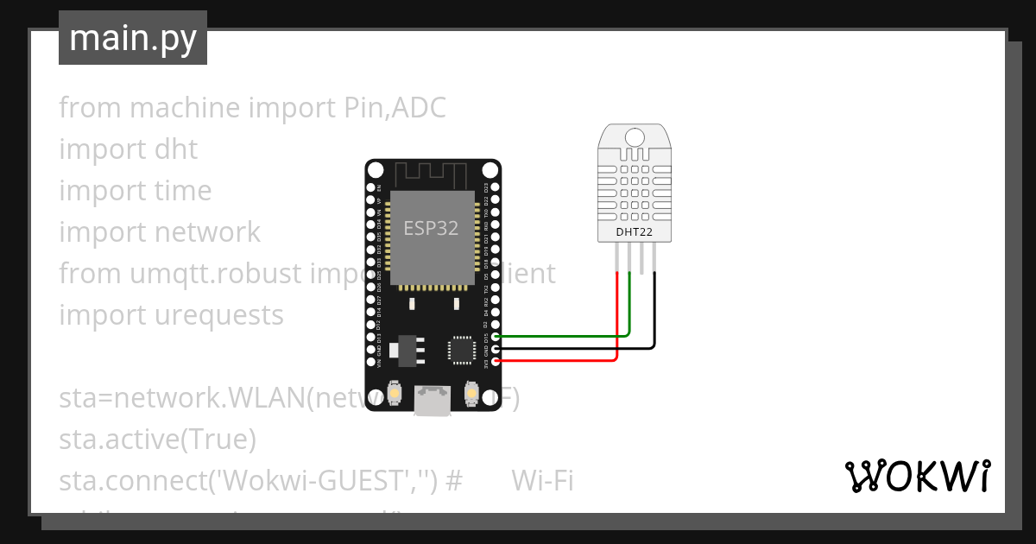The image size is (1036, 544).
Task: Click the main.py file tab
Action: [x=132, y=38]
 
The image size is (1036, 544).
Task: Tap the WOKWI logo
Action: [x=916, y=476]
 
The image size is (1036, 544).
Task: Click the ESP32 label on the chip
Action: [x=431, y=228]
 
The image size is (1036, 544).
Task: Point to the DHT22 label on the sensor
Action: [x=635, y=231]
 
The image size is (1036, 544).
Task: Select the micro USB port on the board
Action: [x=432, y=401]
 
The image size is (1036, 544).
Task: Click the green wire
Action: [x=561, y=335]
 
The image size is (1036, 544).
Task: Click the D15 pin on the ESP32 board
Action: [x=494, y=336]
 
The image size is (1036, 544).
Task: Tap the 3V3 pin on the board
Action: [x=494, y=360]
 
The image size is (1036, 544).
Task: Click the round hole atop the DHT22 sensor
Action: [x=635, y=136]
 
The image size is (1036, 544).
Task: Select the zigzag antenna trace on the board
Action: [x=432, y=174]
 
